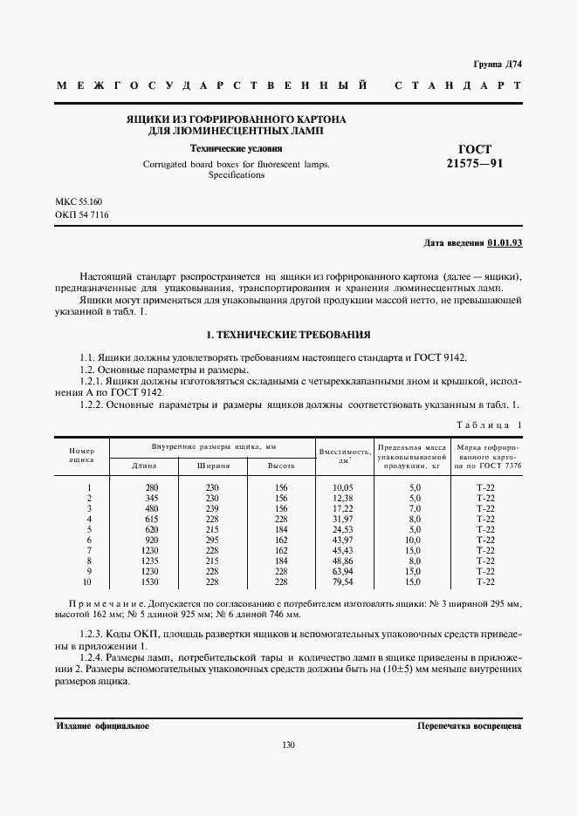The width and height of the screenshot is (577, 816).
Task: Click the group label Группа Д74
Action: (497, 65)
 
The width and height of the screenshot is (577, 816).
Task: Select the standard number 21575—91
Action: (475, 163)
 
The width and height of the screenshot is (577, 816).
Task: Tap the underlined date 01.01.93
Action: (505, 243)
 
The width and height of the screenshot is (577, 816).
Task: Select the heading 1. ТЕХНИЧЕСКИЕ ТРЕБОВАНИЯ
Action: (288, 334)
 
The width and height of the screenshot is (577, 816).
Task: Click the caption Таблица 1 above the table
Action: (488, 425)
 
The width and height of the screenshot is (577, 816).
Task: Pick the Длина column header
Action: (144, 466)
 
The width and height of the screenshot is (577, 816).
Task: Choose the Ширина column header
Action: (211, 466)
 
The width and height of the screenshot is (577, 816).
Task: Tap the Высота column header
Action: (280, 466)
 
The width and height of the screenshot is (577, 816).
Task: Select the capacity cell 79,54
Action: (343, 581)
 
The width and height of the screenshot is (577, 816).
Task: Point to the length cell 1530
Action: (152, 581)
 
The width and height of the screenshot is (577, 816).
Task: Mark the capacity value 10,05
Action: (343, 486)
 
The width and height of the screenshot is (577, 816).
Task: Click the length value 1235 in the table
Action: (152, 560)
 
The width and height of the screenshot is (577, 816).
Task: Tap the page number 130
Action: (288, 745)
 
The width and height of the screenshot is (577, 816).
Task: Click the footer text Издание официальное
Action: (102, 725)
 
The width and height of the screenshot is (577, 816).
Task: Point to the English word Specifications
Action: (236, 175)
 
